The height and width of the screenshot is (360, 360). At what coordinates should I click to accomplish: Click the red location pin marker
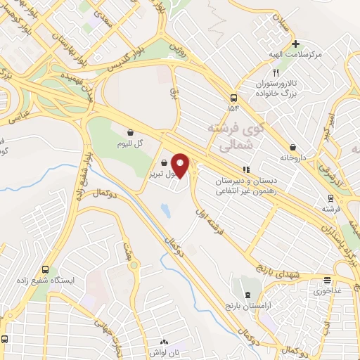181,166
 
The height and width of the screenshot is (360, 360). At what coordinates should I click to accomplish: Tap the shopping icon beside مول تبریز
164,162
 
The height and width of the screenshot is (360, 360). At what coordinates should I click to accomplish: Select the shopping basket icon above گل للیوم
131,132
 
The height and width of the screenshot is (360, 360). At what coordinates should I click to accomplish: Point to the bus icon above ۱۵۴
233,98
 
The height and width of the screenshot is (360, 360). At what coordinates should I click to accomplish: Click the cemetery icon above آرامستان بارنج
247,295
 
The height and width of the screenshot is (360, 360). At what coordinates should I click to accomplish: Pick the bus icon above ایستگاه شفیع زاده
46,269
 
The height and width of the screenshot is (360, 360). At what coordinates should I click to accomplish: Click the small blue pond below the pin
165,210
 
